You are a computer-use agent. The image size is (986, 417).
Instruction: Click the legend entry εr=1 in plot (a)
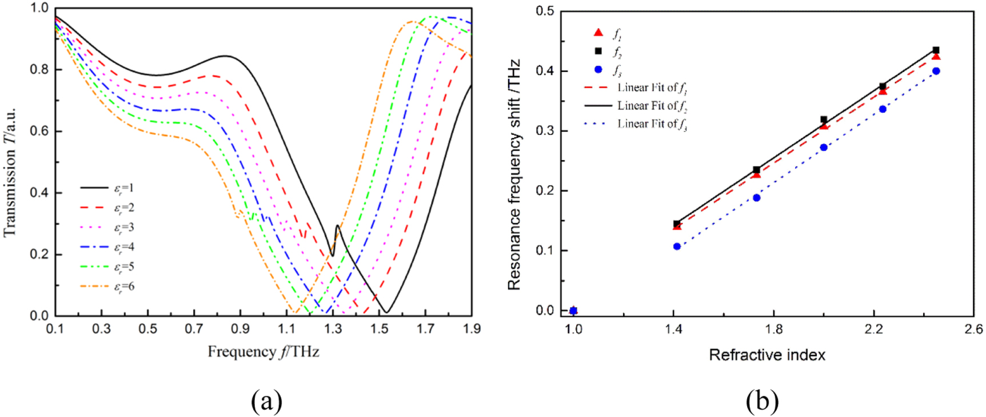coord(109,188)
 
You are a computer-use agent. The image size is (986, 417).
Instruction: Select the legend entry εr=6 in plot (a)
coord(109,286)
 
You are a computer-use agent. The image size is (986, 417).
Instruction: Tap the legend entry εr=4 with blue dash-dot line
coord(109,247)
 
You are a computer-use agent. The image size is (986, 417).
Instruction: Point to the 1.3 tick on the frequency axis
coord(333,328)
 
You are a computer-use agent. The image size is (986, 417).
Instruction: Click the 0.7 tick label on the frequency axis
coord(194,328)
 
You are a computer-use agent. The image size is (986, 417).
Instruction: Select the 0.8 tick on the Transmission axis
coord(39,69)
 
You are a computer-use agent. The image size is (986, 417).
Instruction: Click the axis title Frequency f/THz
coord(263,351)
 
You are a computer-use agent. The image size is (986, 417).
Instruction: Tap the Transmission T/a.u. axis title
coord(10,172)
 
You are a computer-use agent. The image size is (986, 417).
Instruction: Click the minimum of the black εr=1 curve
coord(387,312)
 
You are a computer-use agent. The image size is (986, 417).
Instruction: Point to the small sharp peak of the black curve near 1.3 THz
coord(337,226)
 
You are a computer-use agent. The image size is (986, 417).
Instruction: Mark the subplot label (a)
coord(266,401)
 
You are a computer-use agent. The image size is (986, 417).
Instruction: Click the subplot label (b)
coord(762,401)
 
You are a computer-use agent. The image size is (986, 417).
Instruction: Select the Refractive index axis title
coord(767,355)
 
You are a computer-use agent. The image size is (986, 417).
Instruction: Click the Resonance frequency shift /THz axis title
coord(514,174)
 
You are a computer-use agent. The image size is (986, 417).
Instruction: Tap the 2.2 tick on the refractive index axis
coord(873,329)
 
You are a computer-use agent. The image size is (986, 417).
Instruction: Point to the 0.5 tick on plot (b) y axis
coord(545,11)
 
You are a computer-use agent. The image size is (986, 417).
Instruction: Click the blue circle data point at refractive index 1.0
coord(573,311)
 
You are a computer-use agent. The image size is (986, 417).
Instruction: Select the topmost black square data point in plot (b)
coord(936,50)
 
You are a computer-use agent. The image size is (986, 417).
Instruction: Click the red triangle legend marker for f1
coord(598,33)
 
